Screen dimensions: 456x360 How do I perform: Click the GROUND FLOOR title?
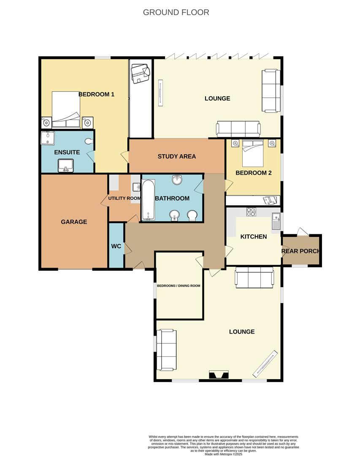tap(176, 12)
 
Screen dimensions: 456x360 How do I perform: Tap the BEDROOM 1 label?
tap(96, 95)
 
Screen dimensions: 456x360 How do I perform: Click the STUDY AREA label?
tap(176, 156)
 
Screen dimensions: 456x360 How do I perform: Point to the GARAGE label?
tap(74, 222)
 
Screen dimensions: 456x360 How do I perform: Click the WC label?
tap(116, 246)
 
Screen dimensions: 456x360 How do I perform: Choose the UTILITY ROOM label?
tap(124, 198)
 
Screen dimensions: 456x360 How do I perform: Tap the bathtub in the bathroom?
tap(148, 200)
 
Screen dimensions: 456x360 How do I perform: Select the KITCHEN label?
tap(253, 236)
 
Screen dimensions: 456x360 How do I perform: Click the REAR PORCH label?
tap(300, 251)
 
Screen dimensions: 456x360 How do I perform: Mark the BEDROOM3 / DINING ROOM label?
tap(178, 285)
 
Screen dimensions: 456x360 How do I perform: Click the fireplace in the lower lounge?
tap(219, 375)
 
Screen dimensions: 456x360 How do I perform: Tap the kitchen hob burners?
tap(251, 212)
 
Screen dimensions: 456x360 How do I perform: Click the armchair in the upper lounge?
tap(271, 91)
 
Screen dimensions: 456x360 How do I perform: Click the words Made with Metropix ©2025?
tap(224, 454)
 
